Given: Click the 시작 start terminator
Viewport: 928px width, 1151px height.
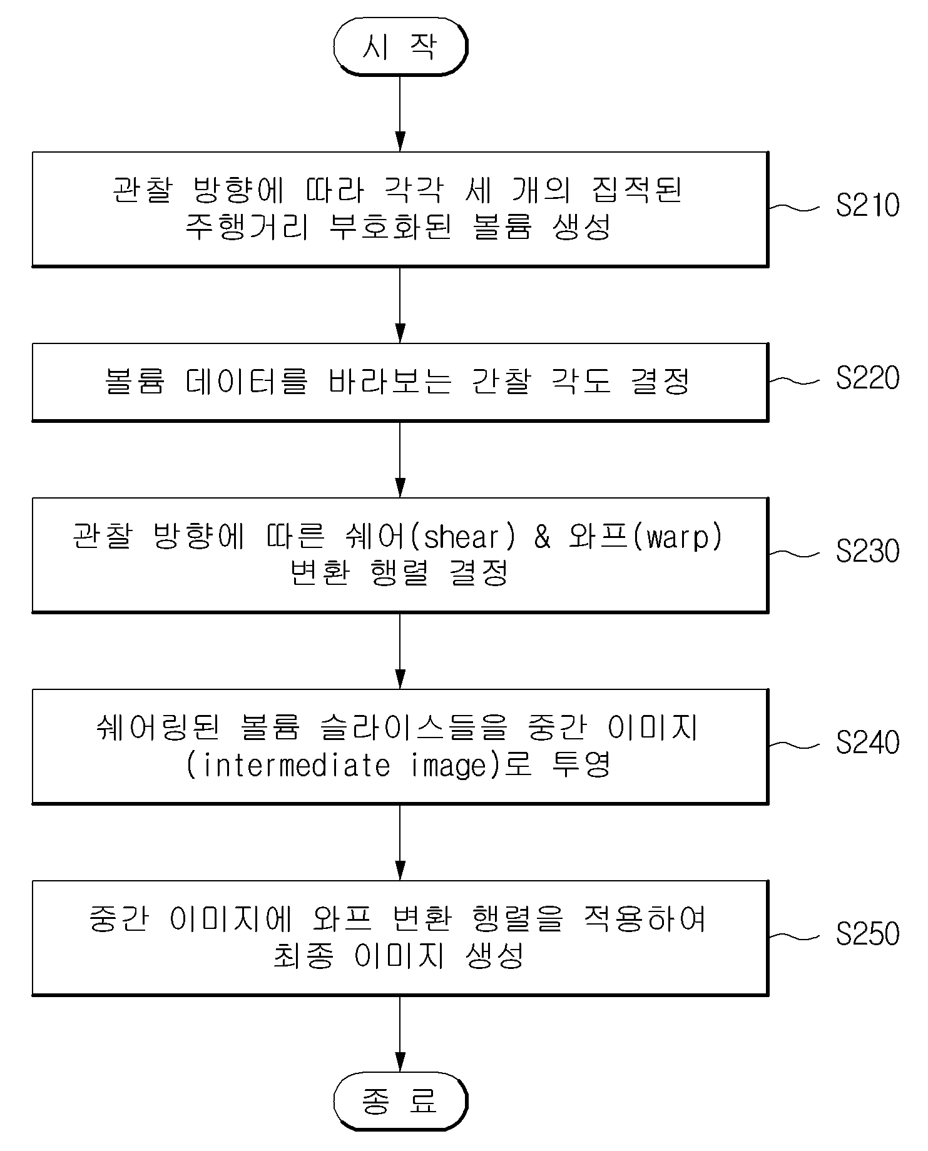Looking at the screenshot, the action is coord(400,47).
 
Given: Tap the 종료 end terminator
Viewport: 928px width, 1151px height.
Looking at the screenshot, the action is coord(400,1101).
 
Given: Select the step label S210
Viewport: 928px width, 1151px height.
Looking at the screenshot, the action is coord(867,205).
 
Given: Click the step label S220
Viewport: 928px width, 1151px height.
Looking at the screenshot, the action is coord(867,378).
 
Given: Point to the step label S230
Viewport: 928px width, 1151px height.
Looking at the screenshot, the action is coord(867,551).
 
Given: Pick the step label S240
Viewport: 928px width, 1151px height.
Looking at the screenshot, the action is coord(867,743).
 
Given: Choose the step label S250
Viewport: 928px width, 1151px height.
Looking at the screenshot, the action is coord(867,934).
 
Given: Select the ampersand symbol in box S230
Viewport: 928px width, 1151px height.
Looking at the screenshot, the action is coord(543,537).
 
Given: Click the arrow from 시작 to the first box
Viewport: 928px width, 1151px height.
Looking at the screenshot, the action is coord(400,113).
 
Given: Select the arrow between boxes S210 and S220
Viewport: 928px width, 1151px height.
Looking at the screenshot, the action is coord(400,305).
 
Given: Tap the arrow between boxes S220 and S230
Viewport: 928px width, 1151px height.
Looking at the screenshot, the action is coord(400,459).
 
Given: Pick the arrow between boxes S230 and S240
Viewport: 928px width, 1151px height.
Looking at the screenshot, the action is coord(400,651).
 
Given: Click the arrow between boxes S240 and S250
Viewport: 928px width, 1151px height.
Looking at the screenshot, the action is coord(400,842).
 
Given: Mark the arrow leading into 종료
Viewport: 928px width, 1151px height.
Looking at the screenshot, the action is coord(400,1033).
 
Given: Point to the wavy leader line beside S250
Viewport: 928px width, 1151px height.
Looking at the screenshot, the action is coord(793,936).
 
